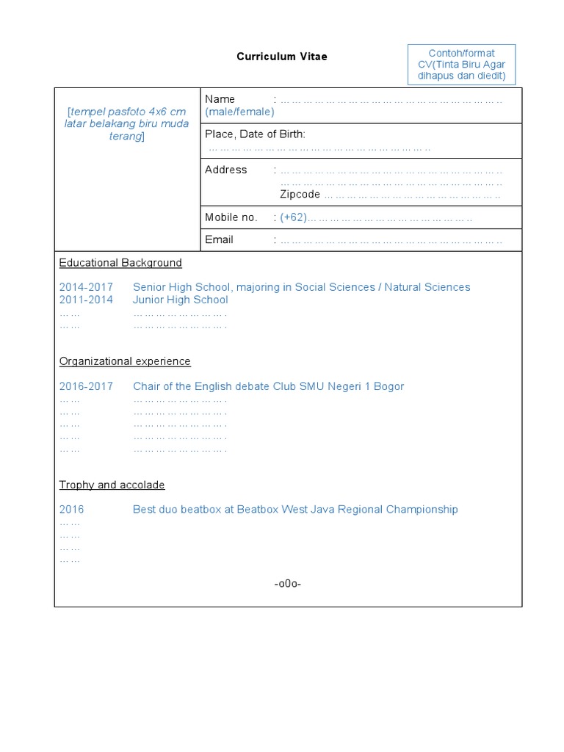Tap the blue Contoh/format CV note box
pyautogui.click(x=461, y=65)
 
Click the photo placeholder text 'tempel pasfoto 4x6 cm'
pyautogui.click(x=127, y=112)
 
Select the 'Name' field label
pyautogui.click(x=220, y=99)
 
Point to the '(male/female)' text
pyautogui.click(x=239, y=112)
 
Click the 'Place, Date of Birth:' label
pyautogui.click(x=255, y=134)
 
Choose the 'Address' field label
pyautogui.click(x=225, y=170)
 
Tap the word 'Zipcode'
pyautogui.click(x=300, y=195)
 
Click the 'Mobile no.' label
pyautogui.click(x=231, y=217)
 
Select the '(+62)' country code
pyautogui.click(x=293, y=217)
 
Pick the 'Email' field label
pyautogui.click(x=219, y=239)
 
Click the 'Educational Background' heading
pyautogui.click(x=120, y=263)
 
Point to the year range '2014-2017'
pyautogui.click(x=86, y=287)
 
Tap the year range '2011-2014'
pyautogui.click(x=86, y=300)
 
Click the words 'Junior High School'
pyautogui.click(x=180, y=300)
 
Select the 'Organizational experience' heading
pyautogui.click(x=125, y=361)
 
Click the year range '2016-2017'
pyautogui.click(x=86, y=386)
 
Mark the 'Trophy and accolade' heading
pyautogui.click(x=112, y=485)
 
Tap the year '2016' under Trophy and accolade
pyautogui.click(x=72, y=510)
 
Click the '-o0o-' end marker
pyautogui.click(x=288, y=584)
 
